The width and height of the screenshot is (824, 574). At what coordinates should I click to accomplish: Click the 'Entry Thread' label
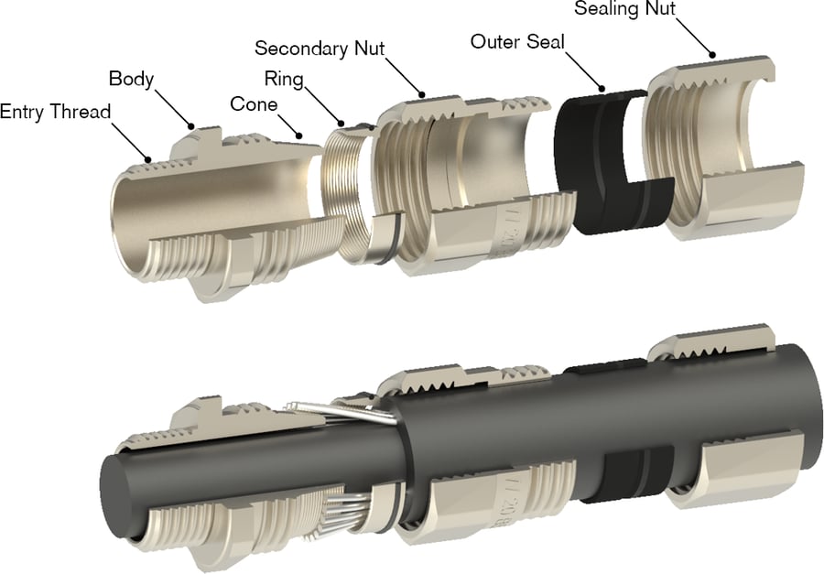tap(55, 112)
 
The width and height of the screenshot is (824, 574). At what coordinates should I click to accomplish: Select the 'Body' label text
tap(131, 78)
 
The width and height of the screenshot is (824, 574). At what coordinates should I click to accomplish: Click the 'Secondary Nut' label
tap(320, 47)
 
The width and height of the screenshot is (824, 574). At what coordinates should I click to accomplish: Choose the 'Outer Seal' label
tap(518, 41)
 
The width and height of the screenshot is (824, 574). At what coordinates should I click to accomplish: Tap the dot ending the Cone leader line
tap(299, 135)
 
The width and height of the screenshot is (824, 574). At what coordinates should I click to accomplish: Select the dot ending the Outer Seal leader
tap(603, 88)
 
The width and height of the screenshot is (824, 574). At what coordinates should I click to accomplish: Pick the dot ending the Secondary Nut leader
tap(422, 93)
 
